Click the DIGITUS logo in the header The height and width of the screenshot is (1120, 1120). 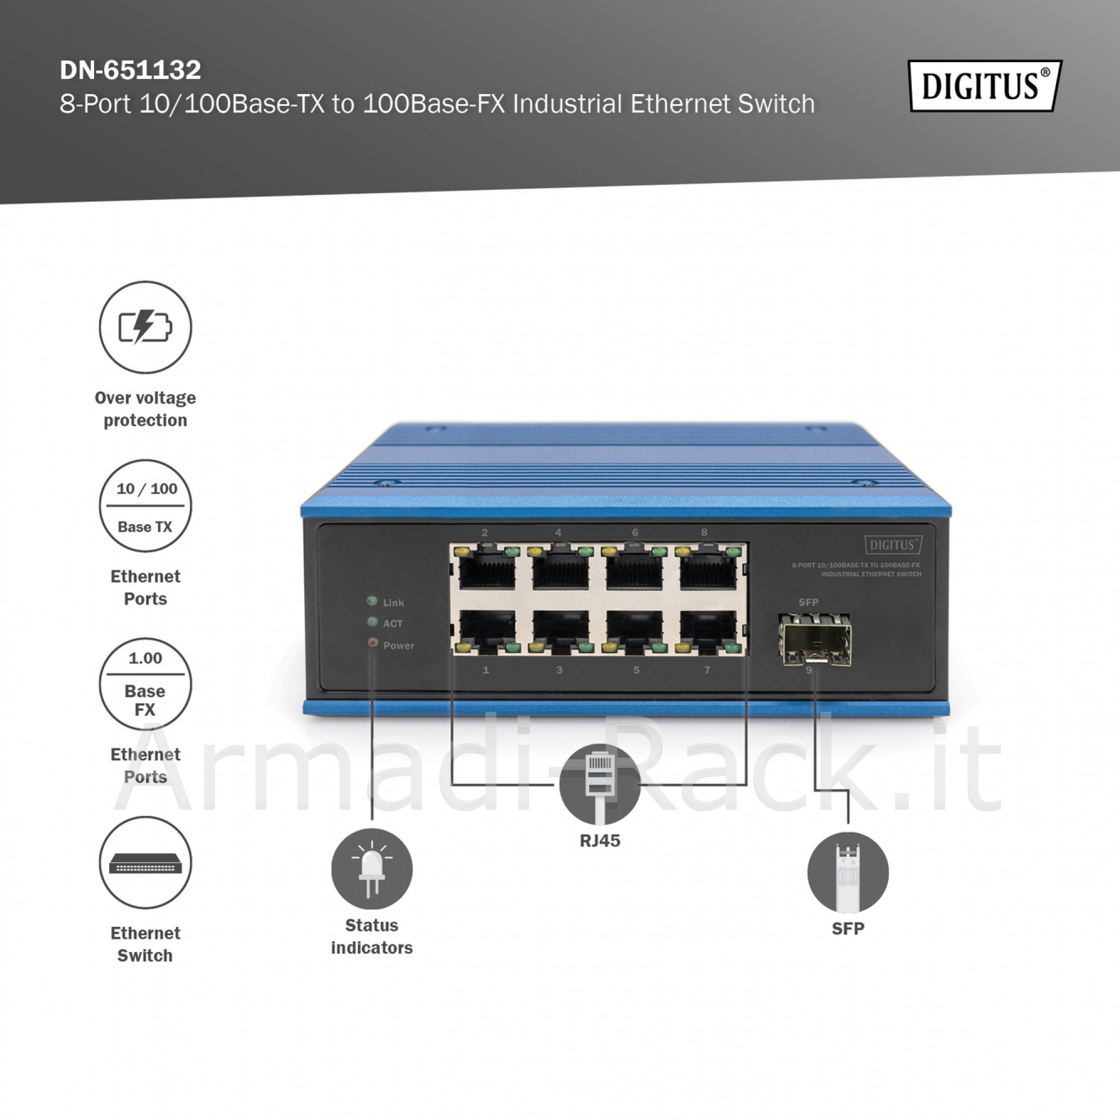click(x=985, y=86)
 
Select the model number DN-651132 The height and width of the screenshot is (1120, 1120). click(x=130, y=70)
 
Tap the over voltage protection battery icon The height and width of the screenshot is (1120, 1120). click(x=146, y=327)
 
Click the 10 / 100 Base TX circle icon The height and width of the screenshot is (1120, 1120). click(x=146, y=506)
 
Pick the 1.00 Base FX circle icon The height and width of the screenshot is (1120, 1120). click(x=146, y=684)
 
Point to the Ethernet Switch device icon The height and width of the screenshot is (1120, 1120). click(x=146, y=862)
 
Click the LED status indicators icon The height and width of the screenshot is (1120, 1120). click(x=372, y=869)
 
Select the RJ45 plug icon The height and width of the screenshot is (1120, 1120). click(x=600, y=784)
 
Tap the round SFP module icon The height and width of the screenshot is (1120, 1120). click(x=848, y=872)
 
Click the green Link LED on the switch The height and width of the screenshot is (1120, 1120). click(x=372, y=601)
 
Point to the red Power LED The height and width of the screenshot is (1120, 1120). click(x=373, y=643)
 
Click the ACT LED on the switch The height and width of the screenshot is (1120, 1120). click(x=372, y=622)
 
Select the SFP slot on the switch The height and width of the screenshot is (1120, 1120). click(x=815, y=640)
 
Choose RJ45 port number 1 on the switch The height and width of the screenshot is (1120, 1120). click(x=487, y=631)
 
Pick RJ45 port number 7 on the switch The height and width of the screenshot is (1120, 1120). click(x=708, y=631)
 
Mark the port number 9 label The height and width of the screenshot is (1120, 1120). click(x=809, y=670)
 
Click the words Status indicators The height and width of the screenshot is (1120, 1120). click(x=372, y=936)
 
